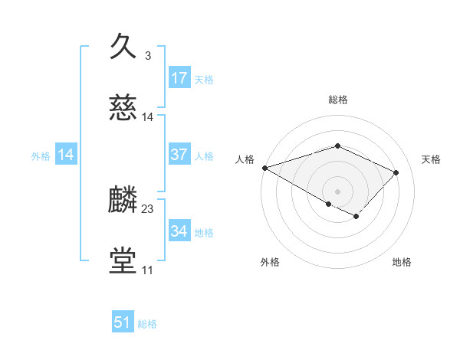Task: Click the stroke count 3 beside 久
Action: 147,56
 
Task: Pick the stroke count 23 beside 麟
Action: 148,208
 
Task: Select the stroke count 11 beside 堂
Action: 147,270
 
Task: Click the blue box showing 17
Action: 179,78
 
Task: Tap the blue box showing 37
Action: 179,155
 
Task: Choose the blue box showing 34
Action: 179,231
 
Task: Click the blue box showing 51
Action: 123,322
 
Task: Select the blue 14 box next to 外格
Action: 67,155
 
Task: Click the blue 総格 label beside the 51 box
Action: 147,324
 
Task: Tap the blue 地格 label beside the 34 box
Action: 204,233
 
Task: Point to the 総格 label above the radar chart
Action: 337,100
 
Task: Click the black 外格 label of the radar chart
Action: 270,262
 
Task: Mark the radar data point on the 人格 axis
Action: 264,168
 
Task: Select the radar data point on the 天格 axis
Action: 396,172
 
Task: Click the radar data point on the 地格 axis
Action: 356,217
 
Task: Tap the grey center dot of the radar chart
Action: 337,190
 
